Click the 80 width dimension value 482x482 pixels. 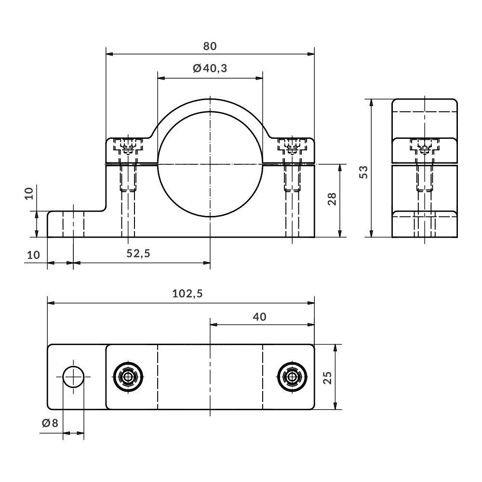210,46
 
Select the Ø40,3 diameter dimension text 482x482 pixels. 210,68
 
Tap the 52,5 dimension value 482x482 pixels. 138,254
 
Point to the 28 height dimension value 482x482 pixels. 332,200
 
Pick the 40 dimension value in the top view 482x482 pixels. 259,317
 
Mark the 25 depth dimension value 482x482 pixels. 328,377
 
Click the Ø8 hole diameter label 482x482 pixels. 50,423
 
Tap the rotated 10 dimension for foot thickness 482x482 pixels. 29,194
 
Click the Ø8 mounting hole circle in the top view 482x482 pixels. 73,376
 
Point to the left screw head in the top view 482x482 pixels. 128,376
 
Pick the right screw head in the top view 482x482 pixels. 292,376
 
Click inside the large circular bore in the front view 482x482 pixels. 210,164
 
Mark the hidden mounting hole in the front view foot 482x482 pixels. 73,224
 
